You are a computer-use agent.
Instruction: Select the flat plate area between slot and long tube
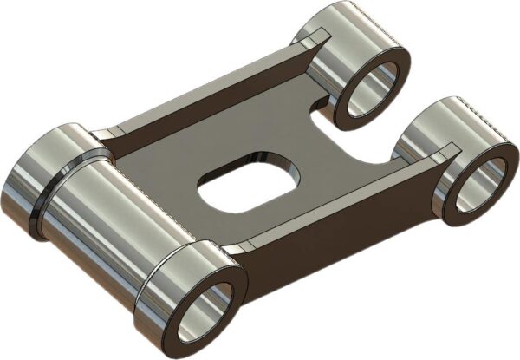click(x=165, y=173)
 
